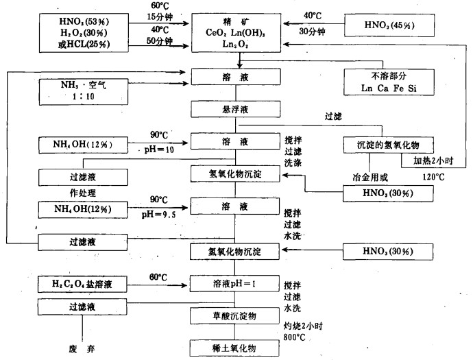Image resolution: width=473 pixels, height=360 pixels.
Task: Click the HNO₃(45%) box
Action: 389,26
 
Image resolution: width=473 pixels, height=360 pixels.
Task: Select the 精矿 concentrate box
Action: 237,33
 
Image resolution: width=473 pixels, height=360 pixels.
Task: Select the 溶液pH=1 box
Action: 237,283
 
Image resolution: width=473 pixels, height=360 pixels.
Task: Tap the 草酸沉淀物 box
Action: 237,315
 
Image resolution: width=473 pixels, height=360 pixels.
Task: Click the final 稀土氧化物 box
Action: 237,348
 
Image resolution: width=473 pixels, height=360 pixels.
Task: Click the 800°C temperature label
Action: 297,337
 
